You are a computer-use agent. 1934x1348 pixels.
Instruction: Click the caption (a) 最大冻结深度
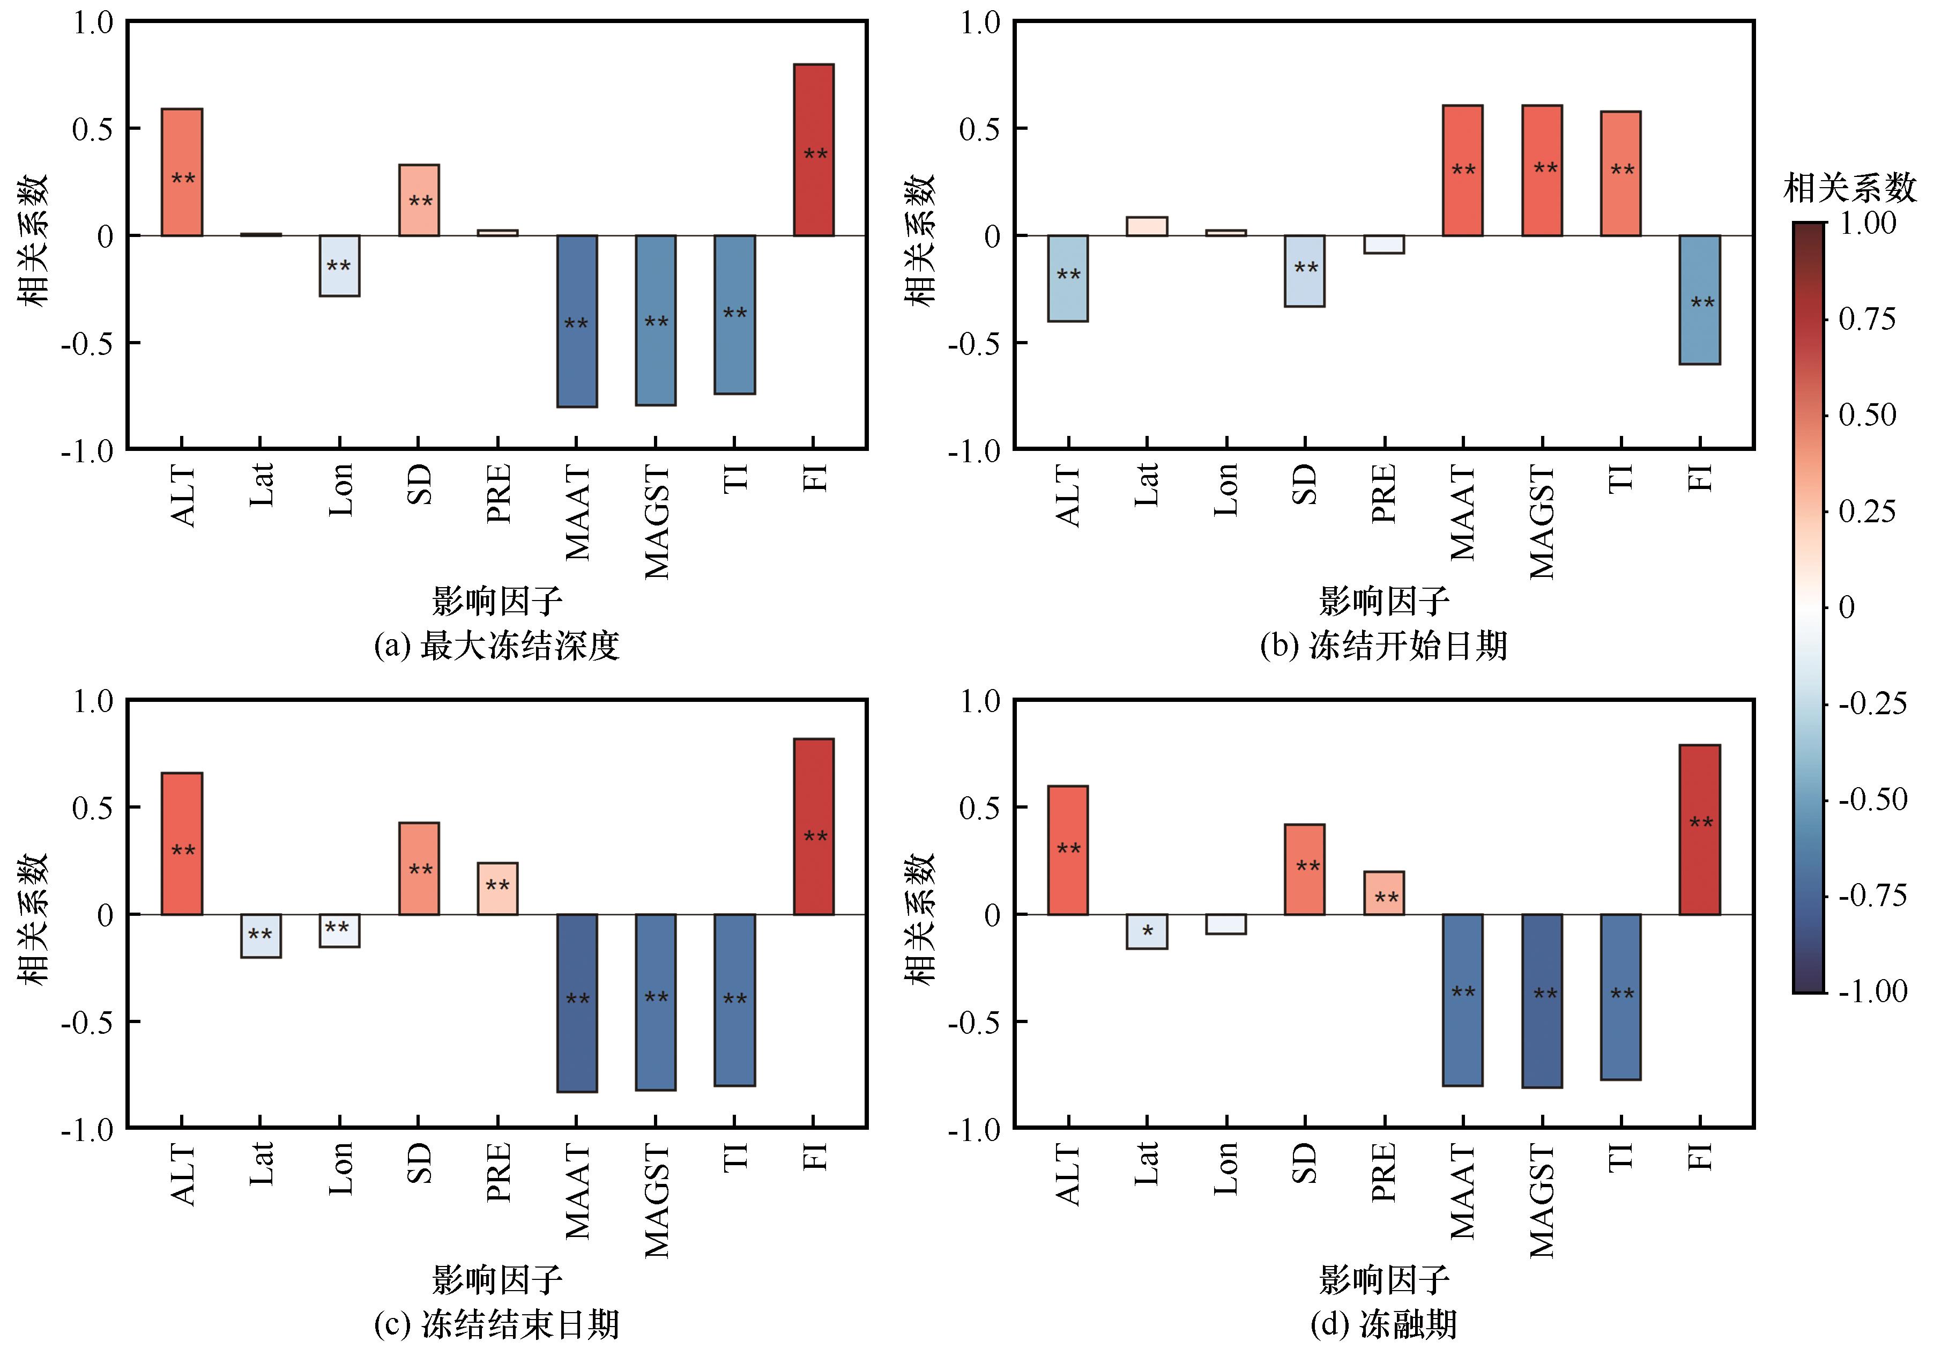pyautogui.click(x=497, y=646)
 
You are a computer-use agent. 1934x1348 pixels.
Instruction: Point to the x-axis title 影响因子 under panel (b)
pyautogui.click(x=1384, y=601)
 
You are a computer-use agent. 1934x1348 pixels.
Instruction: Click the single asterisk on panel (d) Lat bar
pyautogui.click(x=1147, y=932)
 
